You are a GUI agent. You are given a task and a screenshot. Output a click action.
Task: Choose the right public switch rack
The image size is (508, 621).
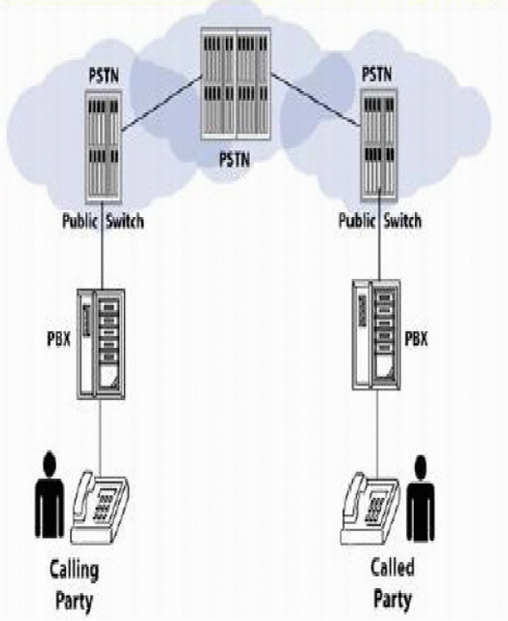pyautogui.click(x=377, y=145)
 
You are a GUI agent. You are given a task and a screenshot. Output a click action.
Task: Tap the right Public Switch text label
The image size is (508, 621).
pyautogui.click(x=379, y=221)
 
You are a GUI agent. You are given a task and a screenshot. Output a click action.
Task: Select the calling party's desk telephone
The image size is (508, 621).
pyautogui.click(x=101, y=504)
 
